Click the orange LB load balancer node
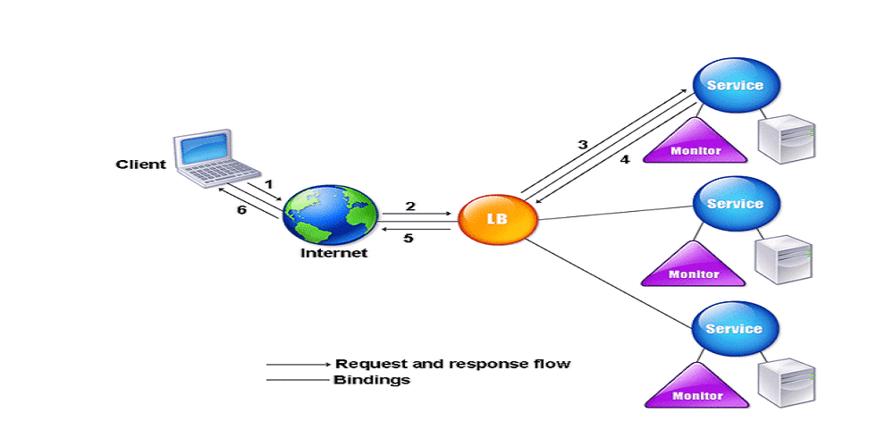(x=497, y=217)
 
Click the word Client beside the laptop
(x=140, y=164)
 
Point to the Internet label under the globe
(x=333, y=253)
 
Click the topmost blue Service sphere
(x=735, y=86)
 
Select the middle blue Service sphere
(x=735, y=205)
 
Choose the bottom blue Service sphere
(x=735, y=329)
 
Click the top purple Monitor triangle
(x=695, y=144)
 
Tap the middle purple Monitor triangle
(x=695, y=267)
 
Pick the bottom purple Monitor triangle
(x=696, y=388)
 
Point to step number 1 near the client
(x=267, y=183)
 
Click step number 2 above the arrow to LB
(x=410, y=207)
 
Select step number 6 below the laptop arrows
(x=240, y=210)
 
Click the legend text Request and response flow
(x=452, y=364)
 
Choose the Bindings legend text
(x=371, y=380)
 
